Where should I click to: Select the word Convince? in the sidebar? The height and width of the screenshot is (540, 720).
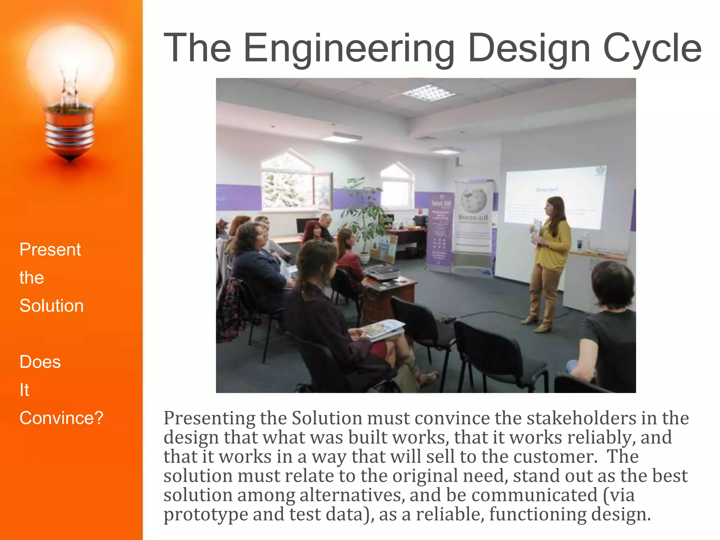click(x=62, y=418)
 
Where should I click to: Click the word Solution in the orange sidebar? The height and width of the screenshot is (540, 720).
click(x=52, y=306)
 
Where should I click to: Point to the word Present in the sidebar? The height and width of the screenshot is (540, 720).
click(x=50, y=250)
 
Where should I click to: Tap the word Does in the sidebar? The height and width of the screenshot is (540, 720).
click(x=40, y=362)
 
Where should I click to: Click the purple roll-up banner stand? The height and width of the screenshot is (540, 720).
click(x=439, y=229)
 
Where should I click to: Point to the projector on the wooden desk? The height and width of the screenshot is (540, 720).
click(x=382, y=272)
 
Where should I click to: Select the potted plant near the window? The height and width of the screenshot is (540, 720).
click(x=366, y=218)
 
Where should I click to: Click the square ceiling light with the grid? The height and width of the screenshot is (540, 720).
click(x=429, y=92)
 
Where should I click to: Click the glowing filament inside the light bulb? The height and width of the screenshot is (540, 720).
click(x=69, y=88)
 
